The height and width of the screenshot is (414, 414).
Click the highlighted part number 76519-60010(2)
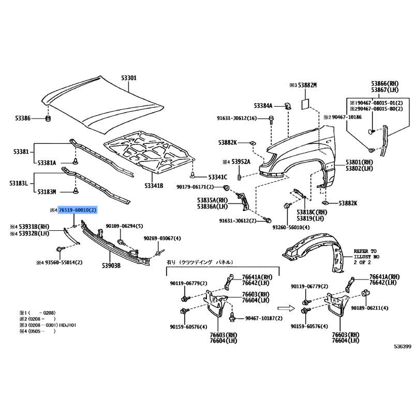[x=78, y=210]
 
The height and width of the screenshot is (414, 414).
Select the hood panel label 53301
[x=129, y=78]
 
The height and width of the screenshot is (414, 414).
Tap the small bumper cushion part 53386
[x=48, y=119]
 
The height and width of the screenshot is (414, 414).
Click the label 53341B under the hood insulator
[x=154, y=186]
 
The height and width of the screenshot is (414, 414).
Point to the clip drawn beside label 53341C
[x=193, y=174]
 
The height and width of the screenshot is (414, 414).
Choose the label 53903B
[x=111, y=265]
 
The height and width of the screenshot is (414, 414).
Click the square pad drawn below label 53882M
[x=305, y=104]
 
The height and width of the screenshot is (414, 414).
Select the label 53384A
[x=263, y=106]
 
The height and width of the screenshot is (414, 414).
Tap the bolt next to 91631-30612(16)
[x=271, y=120]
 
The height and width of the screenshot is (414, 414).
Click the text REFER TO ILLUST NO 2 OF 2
[x=366, y=257]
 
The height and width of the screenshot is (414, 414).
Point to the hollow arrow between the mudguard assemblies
[x=286, y=308]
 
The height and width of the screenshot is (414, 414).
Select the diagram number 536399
[x=403, y=347]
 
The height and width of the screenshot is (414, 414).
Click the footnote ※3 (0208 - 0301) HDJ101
[x=48, y=325]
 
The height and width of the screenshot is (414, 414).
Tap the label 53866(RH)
[x=385, y=84]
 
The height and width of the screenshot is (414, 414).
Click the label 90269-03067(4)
[x=162, y=239]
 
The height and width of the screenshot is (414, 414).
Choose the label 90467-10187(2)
[x=264, y=318]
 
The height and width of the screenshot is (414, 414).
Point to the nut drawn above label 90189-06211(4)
[x=366, y=293]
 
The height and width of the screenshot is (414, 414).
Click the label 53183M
[x=47, y=192]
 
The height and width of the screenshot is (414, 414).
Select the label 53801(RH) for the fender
[x=359, y=162]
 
